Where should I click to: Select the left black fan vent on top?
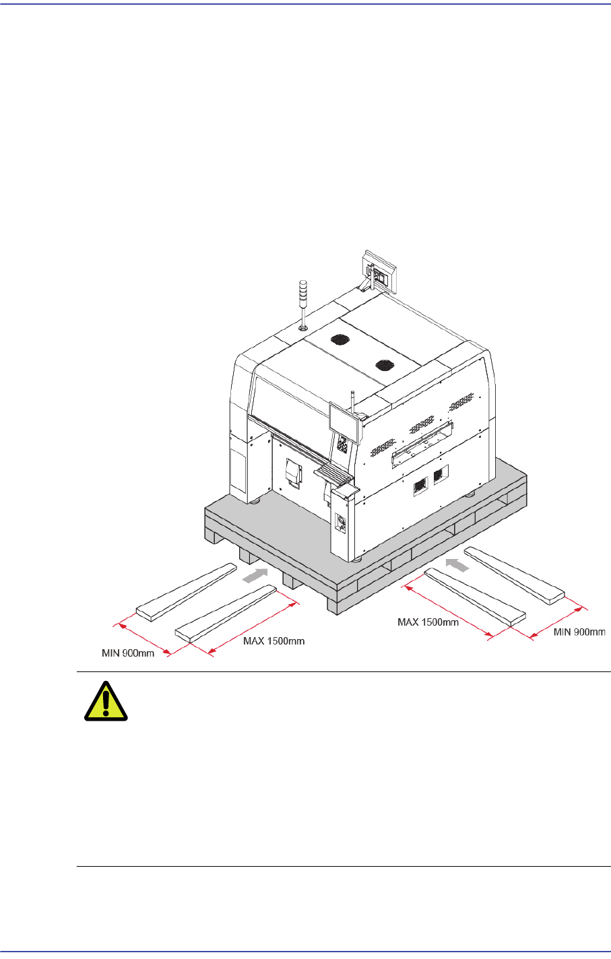pyautogui.click(x=340, y=339)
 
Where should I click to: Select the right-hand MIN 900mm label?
pyautogui.click(x=579, y=632)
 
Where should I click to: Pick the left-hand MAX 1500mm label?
pyautogui.click(x=274, y=641)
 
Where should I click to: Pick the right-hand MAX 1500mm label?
pyautogui.click(x=428, y=622)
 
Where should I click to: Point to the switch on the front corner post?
pyautogui.click(x=340, y=522)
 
